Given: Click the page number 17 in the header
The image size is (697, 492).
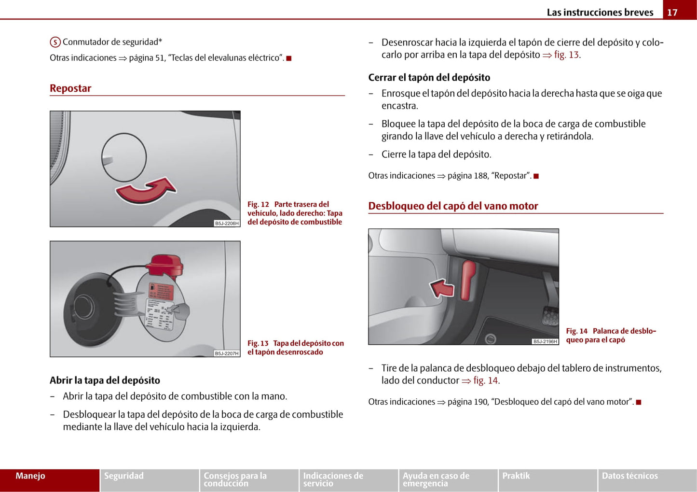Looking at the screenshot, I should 672,13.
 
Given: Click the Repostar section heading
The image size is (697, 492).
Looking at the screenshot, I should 70,88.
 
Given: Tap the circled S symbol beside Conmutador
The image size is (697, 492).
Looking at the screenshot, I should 55,42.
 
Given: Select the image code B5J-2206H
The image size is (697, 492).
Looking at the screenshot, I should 226,223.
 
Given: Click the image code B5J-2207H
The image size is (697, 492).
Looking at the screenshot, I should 226,353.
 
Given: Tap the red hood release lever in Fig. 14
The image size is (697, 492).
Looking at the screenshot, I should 468,280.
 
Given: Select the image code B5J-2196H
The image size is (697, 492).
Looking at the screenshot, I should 545,341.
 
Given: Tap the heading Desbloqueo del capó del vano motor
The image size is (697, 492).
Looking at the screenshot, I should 453,206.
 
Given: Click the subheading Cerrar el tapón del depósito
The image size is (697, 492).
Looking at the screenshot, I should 429,78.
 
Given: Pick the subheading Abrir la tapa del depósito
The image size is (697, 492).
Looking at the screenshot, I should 105,380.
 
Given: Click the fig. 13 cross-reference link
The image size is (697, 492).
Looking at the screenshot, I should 566,55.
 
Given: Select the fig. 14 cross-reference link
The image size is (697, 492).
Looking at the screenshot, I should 485,380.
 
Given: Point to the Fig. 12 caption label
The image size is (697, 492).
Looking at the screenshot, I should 258,205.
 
